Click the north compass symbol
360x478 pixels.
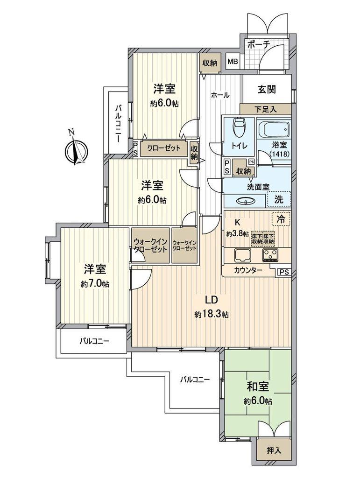click(x=75, y=150)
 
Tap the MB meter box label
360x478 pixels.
click(x=232, y=62)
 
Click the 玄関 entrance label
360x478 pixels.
click(x=266, y=89)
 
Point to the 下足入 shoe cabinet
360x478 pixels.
click(x=265, y=109)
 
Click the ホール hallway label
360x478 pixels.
click(x=220, y=95)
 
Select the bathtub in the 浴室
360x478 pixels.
click(x=274, y=129)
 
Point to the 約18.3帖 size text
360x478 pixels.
click(x=212, y=315)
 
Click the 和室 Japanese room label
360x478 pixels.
click(x=257, y=387)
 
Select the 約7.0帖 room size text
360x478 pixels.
click(x=94, y=284)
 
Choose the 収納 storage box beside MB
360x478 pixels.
click(x=210, y=63)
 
